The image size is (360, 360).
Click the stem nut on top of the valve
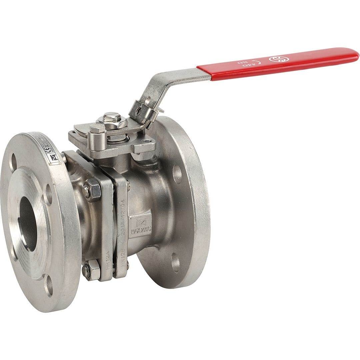(112, 118)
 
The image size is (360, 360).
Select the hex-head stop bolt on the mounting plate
(97, 128)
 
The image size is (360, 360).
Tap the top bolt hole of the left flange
(13, 162)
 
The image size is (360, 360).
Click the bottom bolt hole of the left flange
(49, 285)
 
